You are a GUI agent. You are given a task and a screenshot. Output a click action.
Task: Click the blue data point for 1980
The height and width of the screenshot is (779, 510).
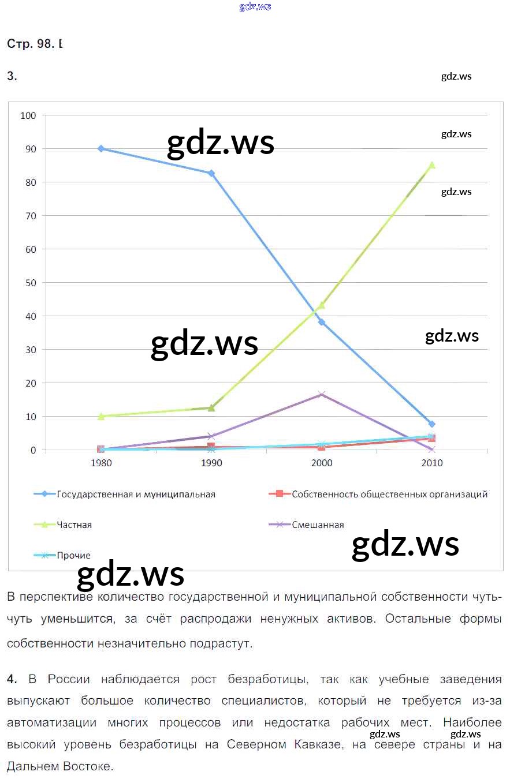pos(100,148)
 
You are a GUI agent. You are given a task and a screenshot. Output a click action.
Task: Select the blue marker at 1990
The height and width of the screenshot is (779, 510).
pos(211,173)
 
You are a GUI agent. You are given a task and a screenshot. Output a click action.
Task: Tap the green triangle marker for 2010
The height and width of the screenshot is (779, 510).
pos(431,165)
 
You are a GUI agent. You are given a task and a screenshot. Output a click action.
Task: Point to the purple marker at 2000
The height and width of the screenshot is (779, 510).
pos(322,395)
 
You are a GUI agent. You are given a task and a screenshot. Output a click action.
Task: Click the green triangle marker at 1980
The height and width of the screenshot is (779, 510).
pos(101,416)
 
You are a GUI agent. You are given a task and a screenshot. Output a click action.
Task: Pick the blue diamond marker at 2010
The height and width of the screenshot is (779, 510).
pos(432,424)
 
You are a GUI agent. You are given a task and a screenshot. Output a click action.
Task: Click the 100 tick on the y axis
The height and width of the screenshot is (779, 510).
pos(28,115)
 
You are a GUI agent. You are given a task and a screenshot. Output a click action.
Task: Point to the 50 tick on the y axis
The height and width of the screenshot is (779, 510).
pos(30,283)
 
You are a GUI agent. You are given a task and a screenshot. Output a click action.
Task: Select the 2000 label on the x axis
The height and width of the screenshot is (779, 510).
pos(322,463)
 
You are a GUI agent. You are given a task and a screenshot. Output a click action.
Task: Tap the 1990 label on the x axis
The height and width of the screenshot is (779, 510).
pos(211,463)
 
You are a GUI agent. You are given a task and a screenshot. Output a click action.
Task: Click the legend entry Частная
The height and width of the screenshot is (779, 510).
pos(74,525)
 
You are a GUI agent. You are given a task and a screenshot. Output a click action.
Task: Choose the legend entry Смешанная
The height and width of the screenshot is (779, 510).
pos(318,525)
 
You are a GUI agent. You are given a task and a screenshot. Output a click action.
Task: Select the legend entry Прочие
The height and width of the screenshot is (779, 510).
pos(73,555)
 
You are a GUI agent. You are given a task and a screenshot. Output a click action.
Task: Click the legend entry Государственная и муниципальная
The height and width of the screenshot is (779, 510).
pos(136,494)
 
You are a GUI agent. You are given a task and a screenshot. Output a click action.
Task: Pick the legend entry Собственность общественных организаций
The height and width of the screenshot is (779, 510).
pos(389,494)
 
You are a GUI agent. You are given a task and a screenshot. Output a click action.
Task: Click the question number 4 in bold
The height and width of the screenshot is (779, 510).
pos(12,679)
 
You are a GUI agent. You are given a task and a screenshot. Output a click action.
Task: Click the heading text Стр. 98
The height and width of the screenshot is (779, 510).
pos(31,44)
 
